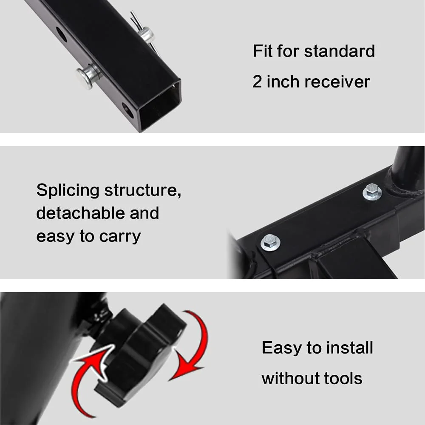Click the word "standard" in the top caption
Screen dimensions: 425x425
click(339, 51)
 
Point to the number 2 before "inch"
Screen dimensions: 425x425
click(258, 82)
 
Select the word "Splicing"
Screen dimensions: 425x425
click(68, 191)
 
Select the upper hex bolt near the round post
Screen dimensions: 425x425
click(372, 191)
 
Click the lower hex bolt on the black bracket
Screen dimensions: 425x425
click(270, 242)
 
